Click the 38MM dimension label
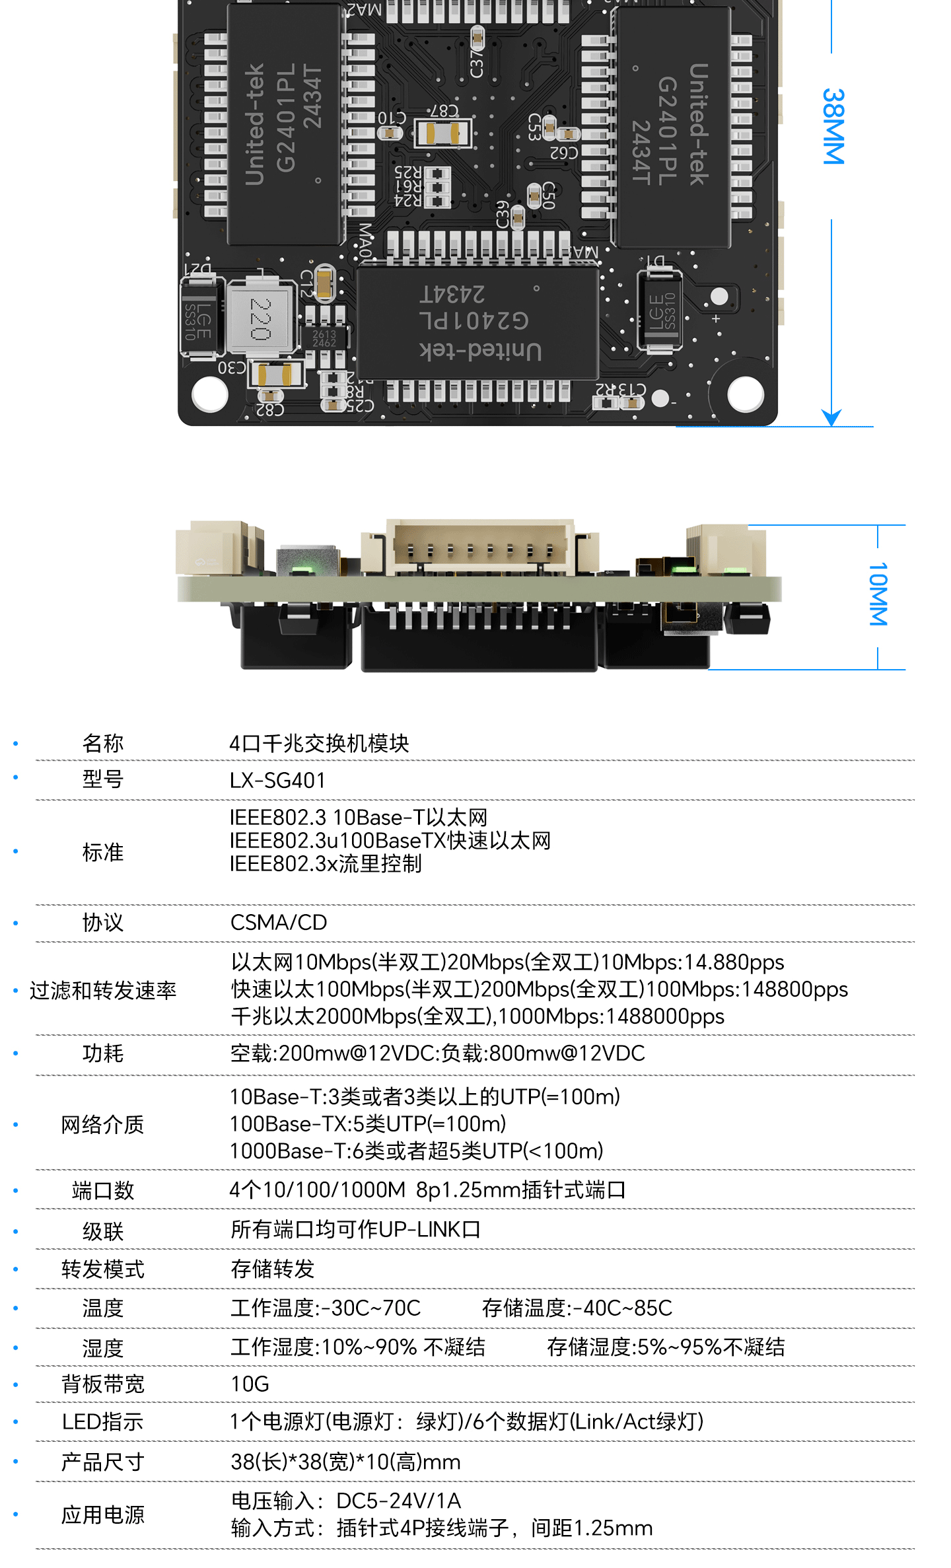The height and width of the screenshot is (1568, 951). (x=833, y=126)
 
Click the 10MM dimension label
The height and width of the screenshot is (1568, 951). (x=878, y=594)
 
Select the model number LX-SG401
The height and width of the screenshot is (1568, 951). (x=277, y=780)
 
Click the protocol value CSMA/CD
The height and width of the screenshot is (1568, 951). (x=279, y=922)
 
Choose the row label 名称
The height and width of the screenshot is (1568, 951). (x=103, y=743)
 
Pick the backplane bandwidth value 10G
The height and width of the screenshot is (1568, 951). (x=250, y=1384)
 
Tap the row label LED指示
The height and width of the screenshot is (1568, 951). (x=103, y=1421)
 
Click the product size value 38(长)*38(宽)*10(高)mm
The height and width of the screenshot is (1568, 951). (x=345, y=1462)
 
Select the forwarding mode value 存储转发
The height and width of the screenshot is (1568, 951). (x=272, y=1269)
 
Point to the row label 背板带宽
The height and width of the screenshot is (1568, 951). (x=103, y=1384)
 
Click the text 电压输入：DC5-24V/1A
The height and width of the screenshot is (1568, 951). (x=345, y=1501)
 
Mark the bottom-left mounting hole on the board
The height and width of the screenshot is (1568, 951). (x=210, y=394)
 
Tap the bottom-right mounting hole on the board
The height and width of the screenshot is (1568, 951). (x=746, y=394)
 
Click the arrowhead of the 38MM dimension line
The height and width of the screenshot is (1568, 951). (x=831, y=418)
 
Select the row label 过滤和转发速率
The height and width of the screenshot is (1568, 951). (x=103, y=990)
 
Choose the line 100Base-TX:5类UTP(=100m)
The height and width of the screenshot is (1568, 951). (x=368, y=1123)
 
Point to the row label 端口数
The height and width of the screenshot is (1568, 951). (x=103, y=1190)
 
